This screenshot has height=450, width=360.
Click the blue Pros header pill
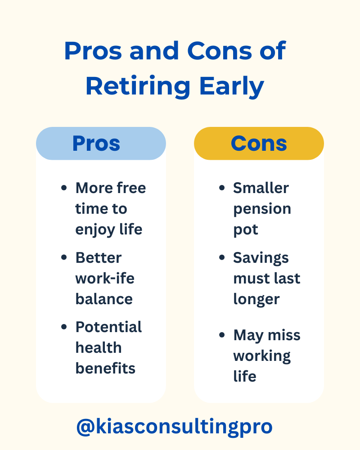101,144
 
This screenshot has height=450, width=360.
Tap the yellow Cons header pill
259,144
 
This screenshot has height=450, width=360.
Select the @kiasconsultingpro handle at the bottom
175,426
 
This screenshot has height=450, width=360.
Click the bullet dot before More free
64,188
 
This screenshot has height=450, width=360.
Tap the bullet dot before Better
64,258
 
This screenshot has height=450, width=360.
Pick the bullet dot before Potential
64,327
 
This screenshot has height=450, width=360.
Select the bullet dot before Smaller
221,188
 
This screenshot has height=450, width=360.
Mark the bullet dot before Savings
221,258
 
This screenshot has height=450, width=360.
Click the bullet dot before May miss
221,335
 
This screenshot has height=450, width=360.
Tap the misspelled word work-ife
105,279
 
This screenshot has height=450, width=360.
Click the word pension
262,209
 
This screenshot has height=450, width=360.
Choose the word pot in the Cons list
245,229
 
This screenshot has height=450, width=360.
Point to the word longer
256,300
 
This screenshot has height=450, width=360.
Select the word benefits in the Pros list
105,368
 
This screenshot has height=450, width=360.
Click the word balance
104,299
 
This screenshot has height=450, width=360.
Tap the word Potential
108,327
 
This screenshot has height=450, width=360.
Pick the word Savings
261,258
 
